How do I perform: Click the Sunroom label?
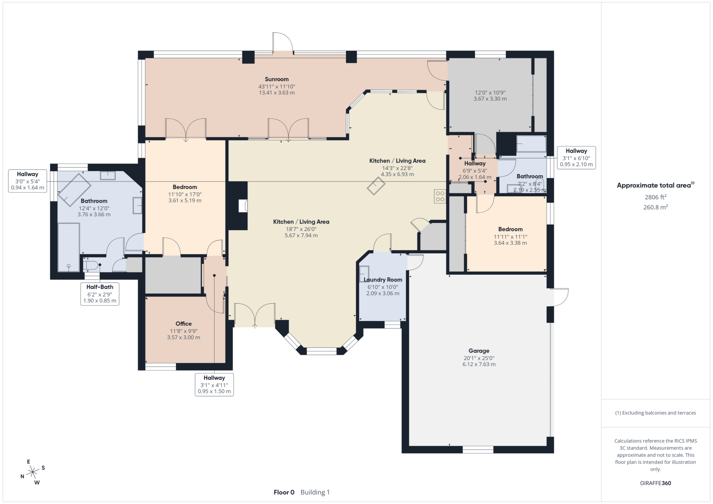[277, 79]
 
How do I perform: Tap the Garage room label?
[479, 351]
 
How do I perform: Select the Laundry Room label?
[383, 280]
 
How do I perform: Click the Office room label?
[183, 324]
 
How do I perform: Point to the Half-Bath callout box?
[100, 294]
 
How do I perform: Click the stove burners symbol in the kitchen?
[440, 196]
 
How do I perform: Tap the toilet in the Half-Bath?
[91, 266]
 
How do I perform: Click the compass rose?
[33, 472]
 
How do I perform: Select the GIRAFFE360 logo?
[656, 483]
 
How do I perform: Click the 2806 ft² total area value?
[656, 197]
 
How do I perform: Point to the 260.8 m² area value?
[656, 207]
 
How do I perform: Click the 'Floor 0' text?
[284, 492]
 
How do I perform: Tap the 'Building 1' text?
[315, 492]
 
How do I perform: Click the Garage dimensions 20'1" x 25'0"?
[479, 358]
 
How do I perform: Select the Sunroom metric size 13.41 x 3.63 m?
[277, 93]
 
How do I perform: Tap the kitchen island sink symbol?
[376, 186]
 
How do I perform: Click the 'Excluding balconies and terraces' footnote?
[656, 413]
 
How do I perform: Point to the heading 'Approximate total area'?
[655, 185]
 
